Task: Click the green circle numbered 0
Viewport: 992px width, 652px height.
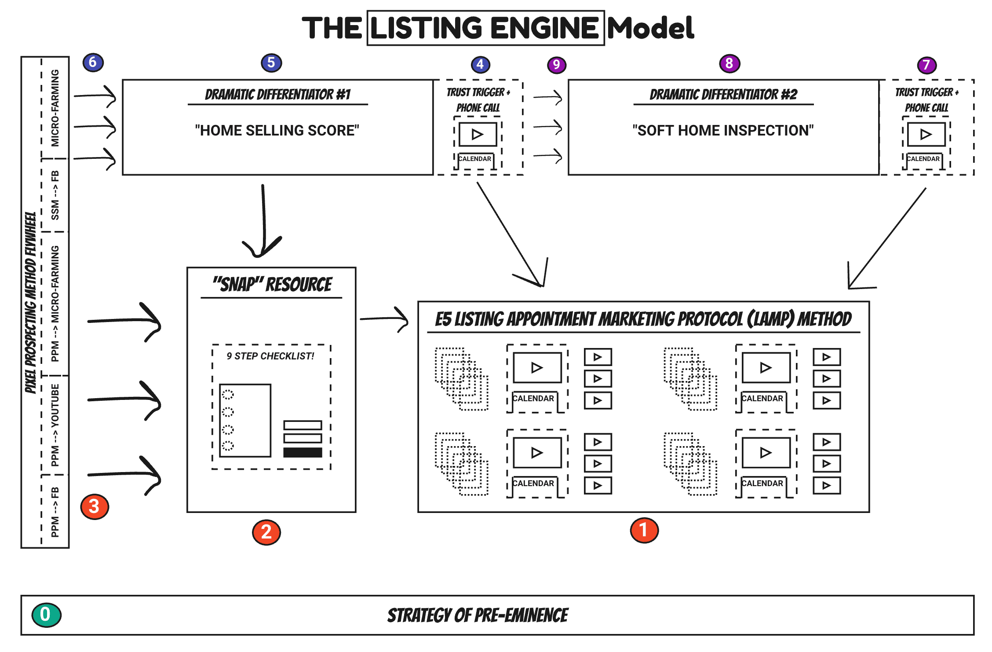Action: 46,615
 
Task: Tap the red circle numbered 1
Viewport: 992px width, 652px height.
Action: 644,530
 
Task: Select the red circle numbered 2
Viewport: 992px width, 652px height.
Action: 266,532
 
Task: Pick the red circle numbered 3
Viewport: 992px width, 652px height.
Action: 94,506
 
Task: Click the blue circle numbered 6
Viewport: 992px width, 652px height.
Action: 93,62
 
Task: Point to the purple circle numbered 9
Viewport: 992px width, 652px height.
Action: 556,65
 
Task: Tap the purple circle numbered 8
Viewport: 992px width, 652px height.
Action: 729,63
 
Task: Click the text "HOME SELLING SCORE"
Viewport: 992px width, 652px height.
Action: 277,130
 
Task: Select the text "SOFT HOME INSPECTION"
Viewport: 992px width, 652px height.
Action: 723,130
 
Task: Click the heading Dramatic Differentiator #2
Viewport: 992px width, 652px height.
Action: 723,95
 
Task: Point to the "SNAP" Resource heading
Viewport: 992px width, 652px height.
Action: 272,285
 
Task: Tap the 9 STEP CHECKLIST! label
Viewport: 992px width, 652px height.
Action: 270,356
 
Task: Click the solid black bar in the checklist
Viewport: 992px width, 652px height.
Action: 303,452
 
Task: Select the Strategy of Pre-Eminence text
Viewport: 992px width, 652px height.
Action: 478,615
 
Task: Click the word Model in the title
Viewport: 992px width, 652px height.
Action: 650,28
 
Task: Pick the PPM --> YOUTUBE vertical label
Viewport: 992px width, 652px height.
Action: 55,425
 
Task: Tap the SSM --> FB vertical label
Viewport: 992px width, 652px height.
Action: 55,195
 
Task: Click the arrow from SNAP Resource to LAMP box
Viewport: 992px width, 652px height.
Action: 385,319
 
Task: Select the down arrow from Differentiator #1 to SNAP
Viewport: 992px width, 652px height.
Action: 263,220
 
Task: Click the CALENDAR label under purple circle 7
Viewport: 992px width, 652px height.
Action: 923,159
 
